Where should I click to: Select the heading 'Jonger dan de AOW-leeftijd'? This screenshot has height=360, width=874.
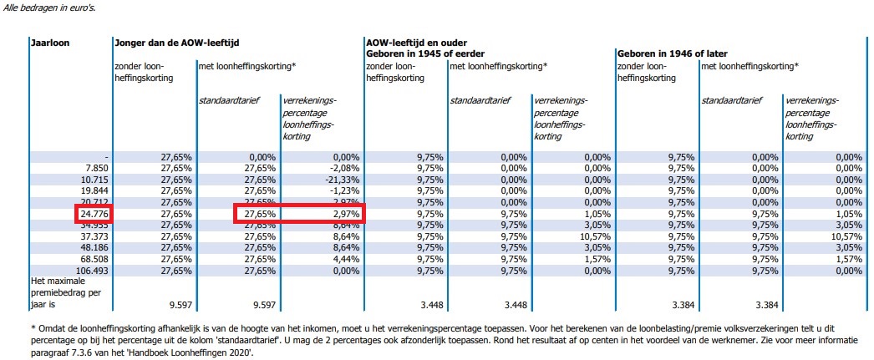tap(172, 42)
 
